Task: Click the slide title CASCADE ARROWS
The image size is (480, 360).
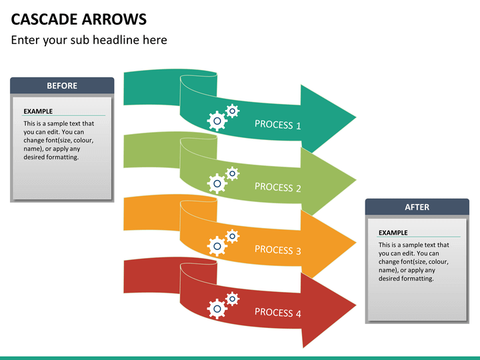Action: click(x=79, y=18)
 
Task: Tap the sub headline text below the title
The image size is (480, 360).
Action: click(x=89, y=40)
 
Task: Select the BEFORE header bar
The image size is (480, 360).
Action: click(x=62, y=85)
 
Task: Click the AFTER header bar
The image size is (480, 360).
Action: click(x=417, y=207)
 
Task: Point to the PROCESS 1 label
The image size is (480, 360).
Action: click(x=277, y=125)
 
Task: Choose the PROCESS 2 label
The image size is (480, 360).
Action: click(x=277, y=187)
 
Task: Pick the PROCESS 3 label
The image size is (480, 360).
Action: click(x=277, y=250)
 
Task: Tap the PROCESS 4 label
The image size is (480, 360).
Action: click(x=277, y=313)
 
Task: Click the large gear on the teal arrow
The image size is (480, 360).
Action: click(x=217, y=121)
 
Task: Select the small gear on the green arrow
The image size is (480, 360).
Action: click(x=232, y=173)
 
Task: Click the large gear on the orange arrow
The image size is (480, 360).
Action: click(x=217, y=246)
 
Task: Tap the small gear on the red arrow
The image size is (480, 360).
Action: click(x=232, y=299)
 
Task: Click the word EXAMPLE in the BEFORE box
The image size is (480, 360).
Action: click(x=38, y=111)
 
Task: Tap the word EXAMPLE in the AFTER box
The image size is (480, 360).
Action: click(x=393, y=233)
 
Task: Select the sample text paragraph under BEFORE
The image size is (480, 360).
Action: click(x=59, y=140)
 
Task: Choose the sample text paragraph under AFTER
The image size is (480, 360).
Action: click(x=413, y=261)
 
